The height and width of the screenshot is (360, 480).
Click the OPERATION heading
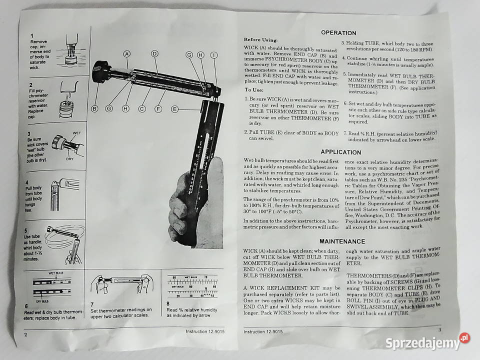(x=338, y=33)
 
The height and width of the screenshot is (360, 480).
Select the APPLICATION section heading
(x=340, y=152)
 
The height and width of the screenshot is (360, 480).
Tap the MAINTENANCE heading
(x=342, y=241)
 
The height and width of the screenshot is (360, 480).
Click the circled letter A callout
(x=126, y=54)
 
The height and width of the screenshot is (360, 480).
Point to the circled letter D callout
(x=154, y=54)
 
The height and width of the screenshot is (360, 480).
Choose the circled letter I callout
(x=214, y=55)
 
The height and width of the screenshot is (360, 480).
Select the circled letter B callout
(x=94, y=108)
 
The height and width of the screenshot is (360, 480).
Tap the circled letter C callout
(x=141, y=108)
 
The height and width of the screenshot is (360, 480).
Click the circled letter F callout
(x=158, y=108)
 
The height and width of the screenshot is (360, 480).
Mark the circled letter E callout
(x=174, y=109)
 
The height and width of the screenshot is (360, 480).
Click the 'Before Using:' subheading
(x=260, y=40)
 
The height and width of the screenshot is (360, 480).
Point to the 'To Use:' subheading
(x=254, y=89)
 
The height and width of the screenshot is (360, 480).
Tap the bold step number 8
(x=168, y=303)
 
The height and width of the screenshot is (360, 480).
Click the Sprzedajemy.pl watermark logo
(x=427, y=342)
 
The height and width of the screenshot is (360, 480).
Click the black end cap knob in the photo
(x=101, y=71)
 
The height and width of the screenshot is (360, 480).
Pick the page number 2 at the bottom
(x=25, y=334)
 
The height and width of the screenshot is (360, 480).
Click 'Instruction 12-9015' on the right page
(x=263, y=331)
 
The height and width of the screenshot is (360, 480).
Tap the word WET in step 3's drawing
(x=77, y=133)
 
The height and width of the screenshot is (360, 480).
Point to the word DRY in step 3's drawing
(x=70, y=159)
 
